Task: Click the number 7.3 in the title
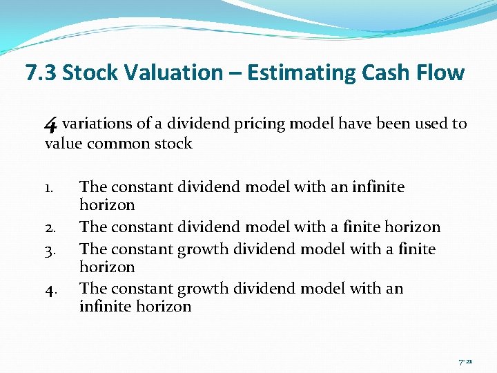(40, 73)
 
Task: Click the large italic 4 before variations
(50, 124)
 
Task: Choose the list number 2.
(50, 227)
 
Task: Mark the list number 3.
(50, 248)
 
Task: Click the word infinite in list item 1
(378, 186)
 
